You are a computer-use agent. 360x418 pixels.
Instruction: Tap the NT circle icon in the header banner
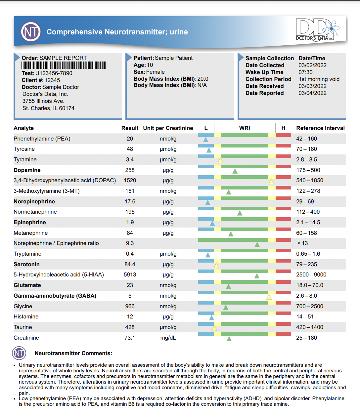pyautogui.click(x=31, y=32)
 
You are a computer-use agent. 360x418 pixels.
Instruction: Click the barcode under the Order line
pyautogui.click(x=64, y=65)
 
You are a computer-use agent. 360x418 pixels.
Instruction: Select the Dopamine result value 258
pyautogui.click(x=130, y=170)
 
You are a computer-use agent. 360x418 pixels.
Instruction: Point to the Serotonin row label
pyautogui.click(x=26, y=264)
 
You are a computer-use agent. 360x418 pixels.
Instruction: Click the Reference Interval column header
pyautogui.click(x=320, y=128)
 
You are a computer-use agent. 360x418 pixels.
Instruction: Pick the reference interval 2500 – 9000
pyautogui.click(x=311, y=274)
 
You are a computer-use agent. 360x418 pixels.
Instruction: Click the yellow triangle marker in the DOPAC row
pyautogui.click(x=271, y=182)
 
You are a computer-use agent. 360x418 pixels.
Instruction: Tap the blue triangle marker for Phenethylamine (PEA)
pyautogui.click(x=205, y=140)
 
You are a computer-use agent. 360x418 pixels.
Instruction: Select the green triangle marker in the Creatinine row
pyautogui.click(x=229, y=339)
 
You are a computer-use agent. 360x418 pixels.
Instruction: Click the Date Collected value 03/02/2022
pyautogui.click(x=312, y=65)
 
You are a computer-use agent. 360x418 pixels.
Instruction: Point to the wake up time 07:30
pyautogui.click(x=305, y=72)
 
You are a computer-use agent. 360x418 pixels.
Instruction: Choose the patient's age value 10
pyautogui.click(x=150, y=65)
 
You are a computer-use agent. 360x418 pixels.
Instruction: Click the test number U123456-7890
pyautogui.click(x=54, y=73)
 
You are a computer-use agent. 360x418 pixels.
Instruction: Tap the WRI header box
pyautogui.click(x=245, y=128)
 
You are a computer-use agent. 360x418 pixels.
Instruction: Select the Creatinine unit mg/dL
pyautogui.click(x=168, y=338)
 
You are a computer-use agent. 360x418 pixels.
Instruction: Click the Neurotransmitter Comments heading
pyautogui.click(x=73, y=353)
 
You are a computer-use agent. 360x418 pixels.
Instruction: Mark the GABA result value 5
pyautogui.click(x=130, y=296)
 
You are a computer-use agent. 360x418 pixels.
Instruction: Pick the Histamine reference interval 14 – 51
pyautogui.click(x=305, y=316)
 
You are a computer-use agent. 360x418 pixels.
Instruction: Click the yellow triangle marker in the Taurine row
pyautogui.click(x=214, y=328)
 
